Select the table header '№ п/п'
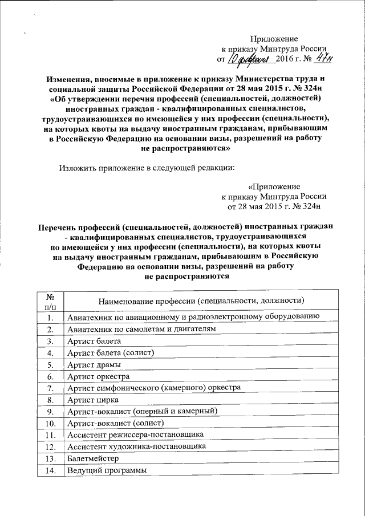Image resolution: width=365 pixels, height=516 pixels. coord(50,301)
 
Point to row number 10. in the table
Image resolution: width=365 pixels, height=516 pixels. coord(50,423)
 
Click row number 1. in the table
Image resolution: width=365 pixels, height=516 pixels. coord(50,318)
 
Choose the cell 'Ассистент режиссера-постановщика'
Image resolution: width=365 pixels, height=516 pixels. coord(135,435)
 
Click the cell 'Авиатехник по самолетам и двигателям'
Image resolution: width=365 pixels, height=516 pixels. coord(142,330)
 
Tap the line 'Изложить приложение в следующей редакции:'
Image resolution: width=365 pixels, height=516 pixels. coord(147,168)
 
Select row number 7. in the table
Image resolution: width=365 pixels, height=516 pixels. coord(50,388)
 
